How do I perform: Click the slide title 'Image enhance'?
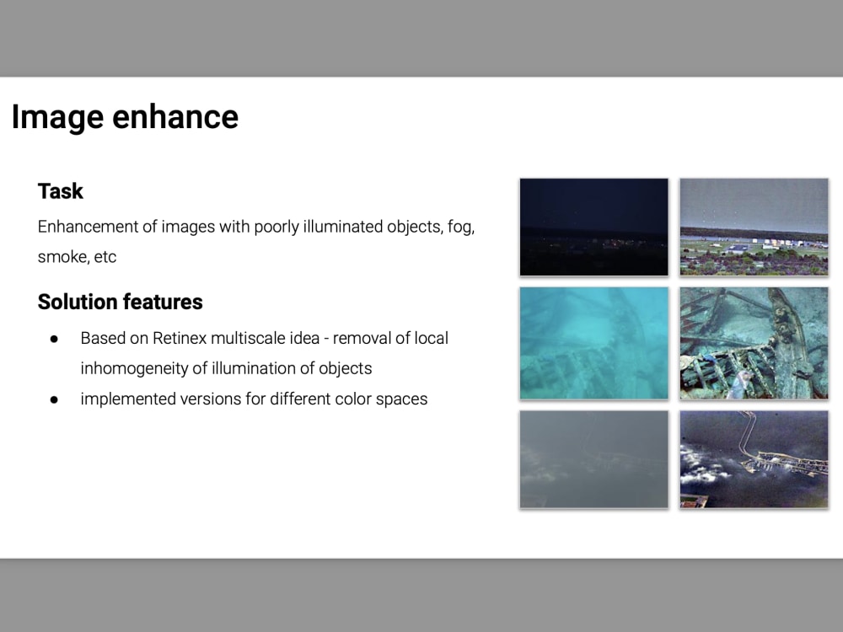coord(125,117)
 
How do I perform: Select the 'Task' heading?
coord(60,191)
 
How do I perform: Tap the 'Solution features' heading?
coord(120,302)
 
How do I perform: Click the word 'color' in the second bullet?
coord(343,399)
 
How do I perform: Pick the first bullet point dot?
coord(54,339)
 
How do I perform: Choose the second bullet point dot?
coord(54,399)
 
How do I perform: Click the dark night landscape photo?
coord(593,227)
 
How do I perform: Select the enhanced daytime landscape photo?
coord(754,227)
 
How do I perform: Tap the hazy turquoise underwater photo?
coord(593,342)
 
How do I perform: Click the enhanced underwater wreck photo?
coord(754,342)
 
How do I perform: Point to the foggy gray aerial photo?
coord(593,459)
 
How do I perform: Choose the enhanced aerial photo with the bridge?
coord(754,459)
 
